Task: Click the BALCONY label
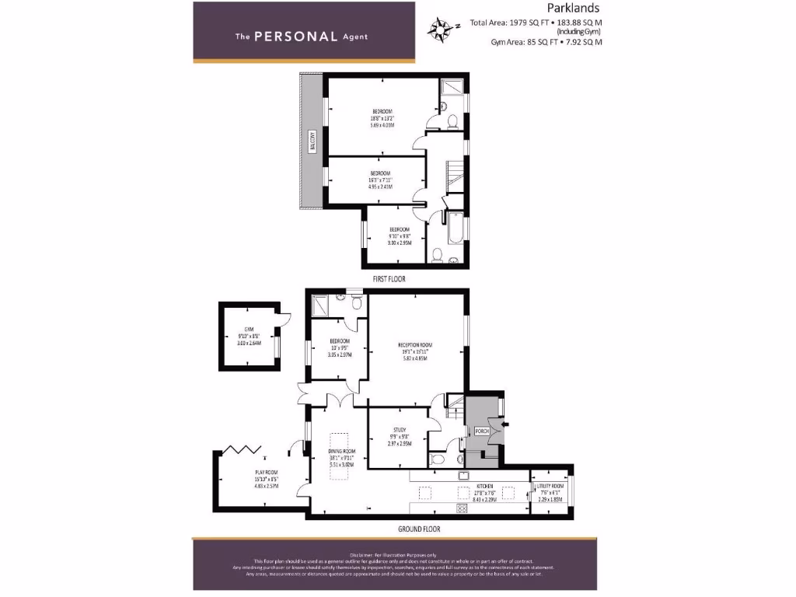(312, 143)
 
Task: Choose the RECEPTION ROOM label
(414, 351)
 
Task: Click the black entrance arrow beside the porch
(505, 424)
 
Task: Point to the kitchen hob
(461, 508)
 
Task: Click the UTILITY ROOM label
(550, 493)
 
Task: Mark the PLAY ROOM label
(265, 476)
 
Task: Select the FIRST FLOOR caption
(388, 278)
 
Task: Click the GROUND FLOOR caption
(419, 529)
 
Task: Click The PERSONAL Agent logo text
(302, 36)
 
